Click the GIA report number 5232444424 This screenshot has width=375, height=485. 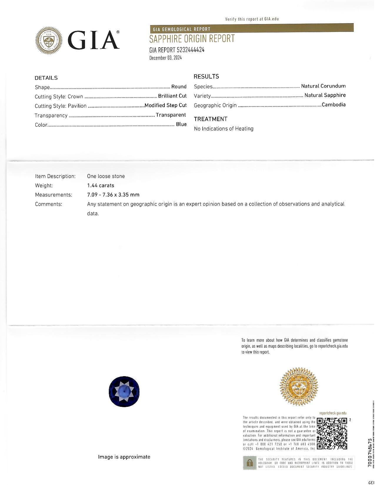point(177,50)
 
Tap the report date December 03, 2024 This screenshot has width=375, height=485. point(165,58)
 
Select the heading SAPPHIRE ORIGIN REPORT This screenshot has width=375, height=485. point(192,39)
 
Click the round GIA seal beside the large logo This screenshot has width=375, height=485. point(49,40)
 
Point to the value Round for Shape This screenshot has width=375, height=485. point(179,87)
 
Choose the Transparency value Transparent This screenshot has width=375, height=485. point(171,115)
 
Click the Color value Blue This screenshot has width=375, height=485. point(181,124)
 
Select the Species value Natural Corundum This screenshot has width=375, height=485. point(323,86)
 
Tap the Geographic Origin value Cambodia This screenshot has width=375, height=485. point(334,105)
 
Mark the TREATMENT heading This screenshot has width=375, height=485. point(211,119)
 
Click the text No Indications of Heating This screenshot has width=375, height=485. point(224,129)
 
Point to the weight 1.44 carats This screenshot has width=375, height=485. point(101,185)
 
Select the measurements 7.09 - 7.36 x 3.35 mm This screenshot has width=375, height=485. point(113,195)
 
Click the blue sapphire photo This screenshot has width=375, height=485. point(124,392)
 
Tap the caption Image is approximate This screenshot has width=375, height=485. point(124,457)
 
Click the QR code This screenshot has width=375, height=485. point(332,434)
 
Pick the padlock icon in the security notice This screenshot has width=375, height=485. point(250,463)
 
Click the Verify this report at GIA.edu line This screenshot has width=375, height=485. point(252,19)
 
